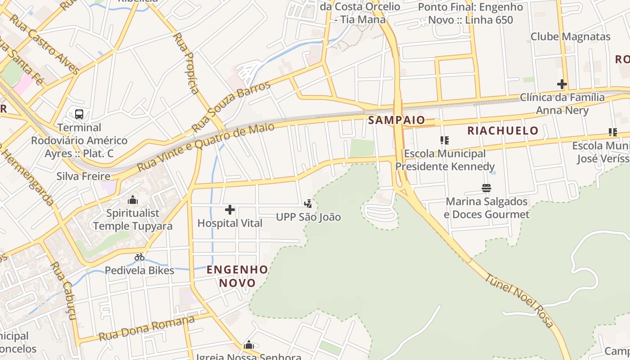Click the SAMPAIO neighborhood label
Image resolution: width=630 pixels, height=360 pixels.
coord(396,120)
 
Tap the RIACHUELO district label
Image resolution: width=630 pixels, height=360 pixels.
coord(503,131)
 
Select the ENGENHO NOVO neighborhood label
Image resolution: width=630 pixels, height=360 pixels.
coord(237,276)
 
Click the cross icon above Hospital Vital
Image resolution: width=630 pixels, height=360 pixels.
coord(230,210)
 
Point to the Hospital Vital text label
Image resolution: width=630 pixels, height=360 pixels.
coord(230,223)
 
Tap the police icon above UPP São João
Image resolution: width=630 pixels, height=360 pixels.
coord(308,204)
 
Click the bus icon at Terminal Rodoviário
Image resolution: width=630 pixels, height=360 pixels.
coord(79,114)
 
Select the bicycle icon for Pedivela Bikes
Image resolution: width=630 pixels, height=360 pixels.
coord(139,257)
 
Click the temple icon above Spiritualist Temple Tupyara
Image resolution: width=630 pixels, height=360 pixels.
coord(133,200)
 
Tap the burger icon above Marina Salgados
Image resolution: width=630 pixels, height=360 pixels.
coord(486,188)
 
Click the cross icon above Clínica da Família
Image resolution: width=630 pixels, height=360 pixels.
coord(562,84)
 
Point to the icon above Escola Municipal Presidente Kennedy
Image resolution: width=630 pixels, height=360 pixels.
coord(445,140)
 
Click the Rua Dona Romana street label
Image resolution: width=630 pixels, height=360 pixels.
coord(147,328)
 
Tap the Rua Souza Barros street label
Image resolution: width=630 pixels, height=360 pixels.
coord(231,106)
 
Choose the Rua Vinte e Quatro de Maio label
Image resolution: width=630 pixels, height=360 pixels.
coord(206,147)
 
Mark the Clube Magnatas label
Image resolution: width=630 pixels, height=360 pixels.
coord(570,36)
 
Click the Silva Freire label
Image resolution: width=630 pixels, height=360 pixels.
coord(83,176)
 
